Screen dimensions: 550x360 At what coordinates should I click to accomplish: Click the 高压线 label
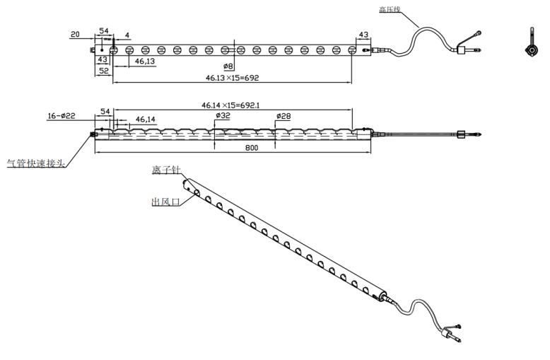(390, 9)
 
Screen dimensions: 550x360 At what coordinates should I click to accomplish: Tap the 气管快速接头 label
(36, 163)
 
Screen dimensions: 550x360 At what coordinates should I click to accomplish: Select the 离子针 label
(166, 170)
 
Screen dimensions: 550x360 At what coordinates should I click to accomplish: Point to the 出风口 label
(165, 202)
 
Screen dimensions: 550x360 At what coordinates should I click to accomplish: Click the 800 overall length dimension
(252, 148)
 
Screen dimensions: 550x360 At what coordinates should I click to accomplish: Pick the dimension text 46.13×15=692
(232, 78)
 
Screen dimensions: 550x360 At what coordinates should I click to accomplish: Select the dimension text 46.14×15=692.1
(230, 105)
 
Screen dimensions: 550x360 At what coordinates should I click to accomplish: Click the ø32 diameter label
(223, 115)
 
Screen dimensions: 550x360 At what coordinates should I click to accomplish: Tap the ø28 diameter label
(283, 116)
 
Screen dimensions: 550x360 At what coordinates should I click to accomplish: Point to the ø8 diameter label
(228, 66)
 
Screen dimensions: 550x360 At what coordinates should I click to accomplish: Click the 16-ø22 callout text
(62, 116)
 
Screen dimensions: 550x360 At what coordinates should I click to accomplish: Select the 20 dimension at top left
(75, 34)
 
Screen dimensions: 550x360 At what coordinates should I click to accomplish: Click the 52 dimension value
(104, 71)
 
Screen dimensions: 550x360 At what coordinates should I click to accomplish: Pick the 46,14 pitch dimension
(145, 120)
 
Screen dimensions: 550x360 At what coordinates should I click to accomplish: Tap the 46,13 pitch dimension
(145, 61)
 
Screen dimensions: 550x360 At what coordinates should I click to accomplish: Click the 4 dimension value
(127, 35)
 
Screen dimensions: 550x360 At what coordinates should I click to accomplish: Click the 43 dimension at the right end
(363, 35)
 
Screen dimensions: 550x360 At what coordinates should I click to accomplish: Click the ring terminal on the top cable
(477, 34)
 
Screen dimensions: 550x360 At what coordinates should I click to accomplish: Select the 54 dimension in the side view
(105, 112)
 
